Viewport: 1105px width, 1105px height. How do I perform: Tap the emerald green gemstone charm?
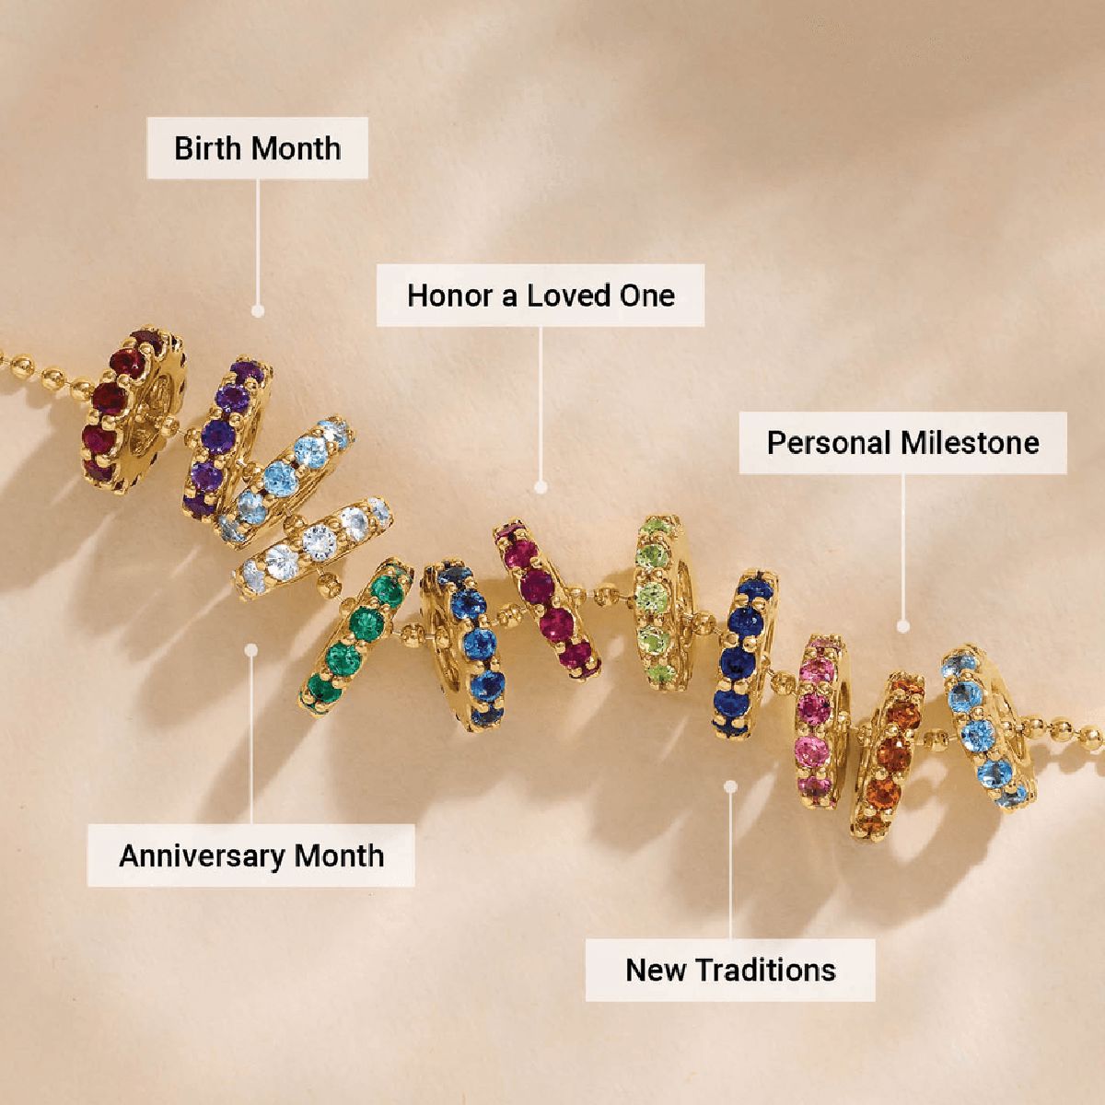[x=355, y=635]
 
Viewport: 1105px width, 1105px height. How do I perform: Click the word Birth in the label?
[x=209, y=148]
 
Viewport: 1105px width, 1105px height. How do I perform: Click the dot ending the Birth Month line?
[x=258, y=311]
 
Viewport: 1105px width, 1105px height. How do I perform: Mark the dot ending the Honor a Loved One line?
[x=541, y=485]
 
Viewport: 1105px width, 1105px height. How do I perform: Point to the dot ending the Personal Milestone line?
[x=903, y=626]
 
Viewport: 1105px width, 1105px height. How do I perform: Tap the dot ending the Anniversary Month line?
[x=250, y=648]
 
